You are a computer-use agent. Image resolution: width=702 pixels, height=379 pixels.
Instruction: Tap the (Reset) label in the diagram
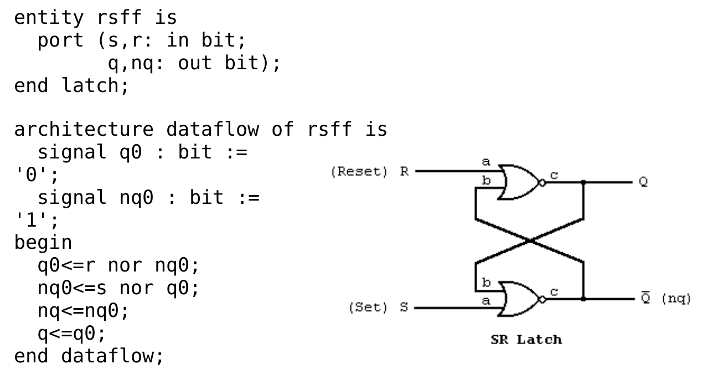click(359, 172)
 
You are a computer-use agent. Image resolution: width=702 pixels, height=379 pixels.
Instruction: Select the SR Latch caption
click(526, 340)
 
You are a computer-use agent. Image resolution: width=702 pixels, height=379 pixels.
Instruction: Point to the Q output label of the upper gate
click(643, 182)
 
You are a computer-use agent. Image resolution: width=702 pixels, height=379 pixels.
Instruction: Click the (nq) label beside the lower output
click(676, 299)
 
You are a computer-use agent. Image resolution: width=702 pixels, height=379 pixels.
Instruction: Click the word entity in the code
click(48, 17)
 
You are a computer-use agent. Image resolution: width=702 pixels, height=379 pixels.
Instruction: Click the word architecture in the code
click(83, 129)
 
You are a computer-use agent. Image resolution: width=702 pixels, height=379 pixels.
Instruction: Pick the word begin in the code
click(43, 242)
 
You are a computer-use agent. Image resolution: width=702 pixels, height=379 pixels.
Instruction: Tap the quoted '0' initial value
click(32, 175)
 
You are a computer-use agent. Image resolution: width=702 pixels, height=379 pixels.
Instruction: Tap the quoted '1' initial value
click(32, 220)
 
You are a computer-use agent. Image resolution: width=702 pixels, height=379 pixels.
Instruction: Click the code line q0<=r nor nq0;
click(118, 265)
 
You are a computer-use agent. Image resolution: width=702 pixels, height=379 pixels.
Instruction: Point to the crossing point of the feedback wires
click(529, 240)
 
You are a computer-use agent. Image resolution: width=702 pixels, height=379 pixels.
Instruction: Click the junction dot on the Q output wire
click(583, 182)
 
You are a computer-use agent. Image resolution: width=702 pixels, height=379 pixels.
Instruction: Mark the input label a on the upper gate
click(486, 162)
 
